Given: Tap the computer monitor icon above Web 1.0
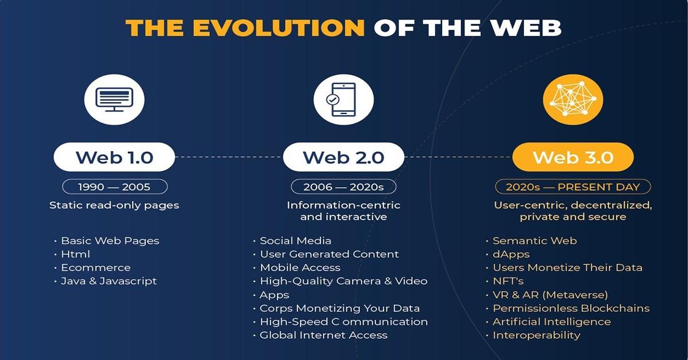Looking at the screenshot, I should click(x=114, y=99).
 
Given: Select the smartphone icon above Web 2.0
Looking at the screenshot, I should click(x=343, y=99).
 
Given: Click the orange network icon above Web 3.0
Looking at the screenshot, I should click(x=572, y=99).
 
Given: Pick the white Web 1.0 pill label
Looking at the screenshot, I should click(x=114, y=157).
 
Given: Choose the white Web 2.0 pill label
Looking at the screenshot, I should click(x=343, y=157).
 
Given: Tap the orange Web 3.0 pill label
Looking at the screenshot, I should click(x=573, y=157).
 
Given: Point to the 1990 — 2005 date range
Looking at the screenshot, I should click(x=114, y=187).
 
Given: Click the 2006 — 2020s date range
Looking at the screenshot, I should click(x=343, y=187).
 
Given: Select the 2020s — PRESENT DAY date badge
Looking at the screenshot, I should click(x=572, y=187).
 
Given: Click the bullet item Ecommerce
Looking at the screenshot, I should click(x=96, y=268).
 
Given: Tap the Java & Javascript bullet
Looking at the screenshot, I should click(x=108, y=281).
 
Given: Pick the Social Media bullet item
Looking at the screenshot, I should click(x=295, y=241).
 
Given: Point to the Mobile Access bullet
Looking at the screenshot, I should click(x=300, y=268).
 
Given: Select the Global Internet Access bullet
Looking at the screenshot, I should click(x=323, y=335).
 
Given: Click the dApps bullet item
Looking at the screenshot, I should click(x=511, y=254).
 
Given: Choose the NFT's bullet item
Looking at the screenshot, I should click(x=508, y=281).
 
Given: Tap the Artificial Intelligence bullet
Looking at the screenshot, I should click(x=552, y=322).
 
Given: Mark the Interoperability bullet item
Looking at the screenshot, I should click(x=536, y=335).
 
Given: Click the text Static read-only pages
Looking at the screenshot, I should click(x=114, y=205).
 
